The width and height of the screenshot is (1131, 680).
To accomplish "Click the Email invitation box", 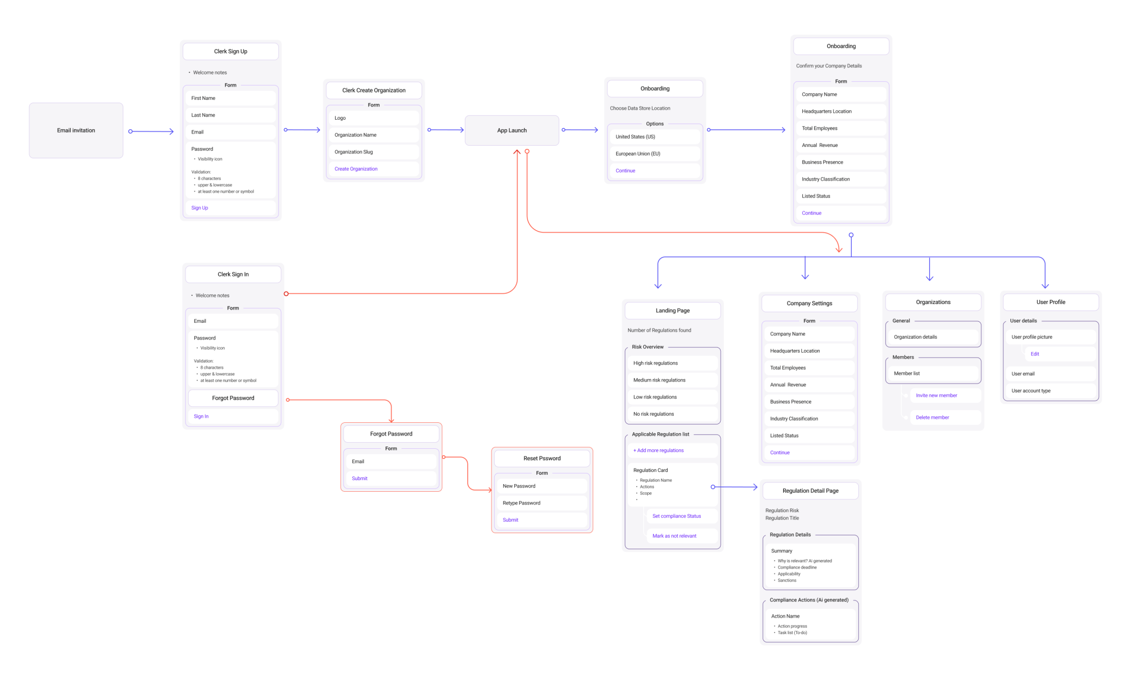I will tap(76, 130).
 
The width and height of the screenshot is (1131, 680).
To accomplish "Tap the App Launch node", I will tap(511, 130).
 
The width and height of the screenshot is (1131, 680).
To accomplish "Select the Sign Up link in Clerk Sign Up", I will tap(200, 208).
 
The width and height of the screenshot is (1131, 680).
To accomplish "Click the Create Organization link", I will tap(356, 169).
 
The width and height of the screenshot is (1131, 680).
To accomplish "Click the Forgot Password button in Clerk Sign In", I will tap(233, 398).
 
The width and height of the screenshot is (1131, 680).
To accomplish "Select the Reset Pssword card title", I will tap(542, 458).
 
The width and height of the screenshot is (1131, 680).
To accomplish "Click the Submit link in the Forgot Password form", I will tap(360, 479).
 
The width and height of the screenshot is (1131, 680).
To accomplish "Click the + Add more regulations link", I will tap(658, 450).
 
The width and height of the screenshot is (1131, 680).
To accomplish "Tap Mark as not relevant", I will tap(674, 536).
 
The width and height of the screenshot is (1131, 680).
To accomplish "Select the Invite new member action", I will tap(937, 395).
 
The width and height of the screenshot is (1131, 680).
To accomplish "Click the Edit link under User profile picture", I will tap(1035, 354).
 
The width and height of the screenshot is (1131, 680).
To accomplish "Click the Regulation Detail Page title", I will tap(810, 491).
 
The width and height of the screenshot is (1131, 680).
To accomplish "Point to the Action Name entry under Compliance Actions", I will tap(785, 616).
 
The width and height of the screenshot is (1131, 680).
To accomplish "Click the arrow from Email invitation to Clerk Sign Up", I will tap(151, 131).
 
